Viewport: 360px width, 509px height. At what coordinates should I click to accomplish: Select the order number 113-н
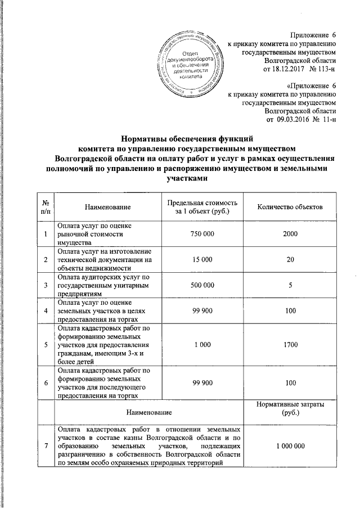[323, 69]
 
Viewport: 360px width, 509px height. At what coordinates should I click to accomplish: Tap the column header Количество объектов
[290, 208]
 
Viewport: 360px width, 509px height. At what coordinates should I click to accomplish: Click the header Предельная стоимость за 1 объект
[202, 207]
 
